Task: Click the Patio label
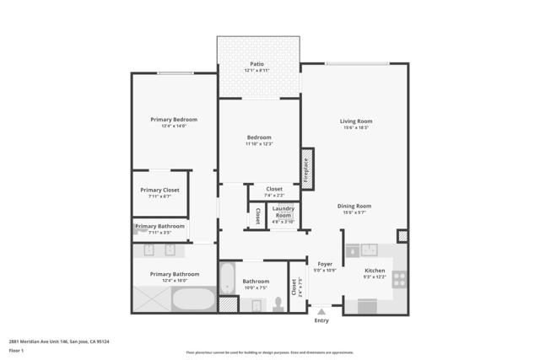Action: (x=259, y=64)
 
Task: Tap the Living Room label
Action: (x=355, y=121)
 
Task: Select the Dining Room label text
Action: (x=354, y=207)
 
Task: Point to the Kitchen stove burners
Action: (x=399, y=277)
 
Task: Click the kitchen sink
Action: (x=369, y=250)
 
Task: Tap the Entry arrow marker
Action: (x=321, y=311)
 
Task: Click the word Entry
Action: (x=321, y=320)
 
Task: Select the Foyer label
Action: (x=325, y=264)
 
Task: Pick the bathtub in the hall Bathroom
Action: (x=226, y=278)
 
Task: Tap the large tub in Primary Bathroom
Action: (x=193, y=299)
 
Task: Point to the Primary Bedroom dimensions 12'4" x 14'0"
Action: (x=174, y=126)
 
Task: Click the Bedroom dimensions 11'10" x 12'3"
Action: (x=259, y=144)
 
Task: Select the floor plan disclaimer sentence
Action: (x=269, y=352)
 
